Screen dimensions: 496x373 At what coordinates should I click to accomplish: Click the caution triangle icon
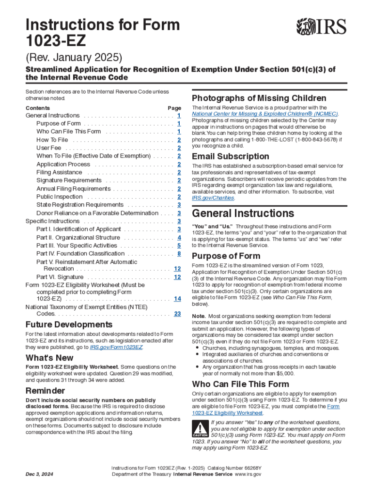[x=199, y=430]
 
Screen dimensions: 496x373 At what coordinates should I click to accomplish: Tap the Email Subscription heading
[x=231, y=156]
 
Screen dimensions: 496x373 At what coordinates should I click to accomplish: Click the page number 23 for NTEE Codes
[x=177, y=314]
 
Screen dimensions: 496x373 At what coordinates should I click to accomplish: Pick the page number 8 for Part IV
[x=179, y=253]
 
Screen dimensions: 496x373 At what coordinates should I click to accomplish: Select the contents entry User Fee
[x=49, y=148]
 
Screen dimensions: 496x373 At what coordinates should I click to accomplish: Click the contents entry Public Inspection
[x=59, y=197]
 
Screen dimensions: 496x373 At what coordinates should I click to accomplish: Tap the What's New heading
[x=49, y=358]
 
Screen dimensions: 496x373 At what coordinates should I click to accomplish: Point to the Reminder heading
[x=45, y=390]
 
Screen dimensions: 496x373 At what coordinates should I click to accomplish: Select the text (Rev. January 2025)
[x=73, y=58]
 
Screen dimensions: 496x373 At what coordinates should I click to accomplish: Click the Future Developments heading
[x=69, y=325]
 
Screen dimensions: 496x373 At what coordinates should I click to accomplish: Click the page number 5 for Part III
[x=179, y=246]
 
